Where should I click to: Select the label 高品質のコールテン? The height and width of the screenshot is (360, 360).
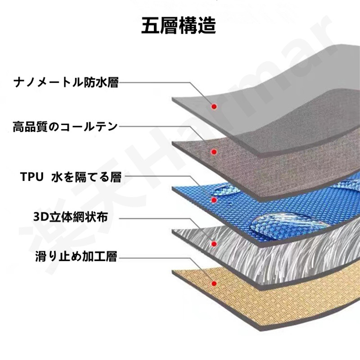tap(65, 126)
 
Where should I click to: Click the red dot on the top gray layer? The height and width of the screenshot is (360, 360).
tap(215, 107)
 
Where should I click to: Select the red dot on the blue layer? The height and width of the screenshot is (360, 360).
tap(215, 200)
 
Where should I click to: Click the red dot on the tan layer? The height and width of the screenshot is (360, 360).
tap(215, 283)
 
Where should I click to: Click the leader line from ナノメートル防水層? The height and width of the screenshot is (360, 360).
tap(153, 83)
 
